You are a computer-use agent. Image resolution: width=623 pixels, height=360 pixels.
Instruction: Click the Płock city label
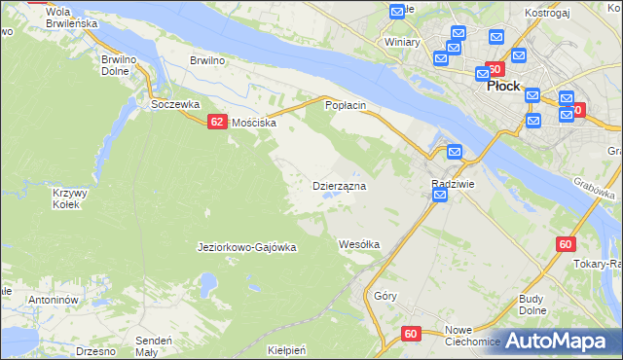[x=502, y=86]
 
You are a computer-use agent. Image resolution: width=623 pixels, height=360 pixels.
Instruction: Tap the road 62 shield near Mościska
[x=216, y=122]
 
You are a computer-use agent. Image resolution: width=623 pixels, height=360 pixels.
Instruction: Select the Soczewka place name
[x=174, y=103]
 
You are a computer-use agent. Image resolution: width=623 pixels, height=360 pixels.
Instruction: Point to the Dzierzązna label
[x=339, y=185]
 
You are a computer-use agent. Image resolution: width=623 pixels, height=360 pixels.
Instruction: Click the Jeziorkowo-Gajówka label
[x=246, y=247]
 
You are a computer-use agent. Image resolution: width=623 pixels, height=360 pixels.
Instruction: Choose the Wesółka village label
[x=358, y=243]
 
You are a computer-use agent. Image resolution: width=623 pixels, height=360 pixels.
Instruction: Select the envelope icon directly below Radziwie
[x=439, y=197]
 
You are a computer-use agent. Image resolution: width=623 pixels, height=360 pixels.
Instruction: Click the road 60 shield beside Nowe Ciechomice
[x=410, y=334]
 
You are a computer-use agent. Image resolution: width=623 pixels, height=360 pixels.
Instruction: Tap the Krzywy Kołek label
[x=70, y=198]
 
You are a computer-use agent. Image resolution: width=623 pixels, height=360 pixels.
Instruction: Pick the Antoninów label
[x=53, y=300]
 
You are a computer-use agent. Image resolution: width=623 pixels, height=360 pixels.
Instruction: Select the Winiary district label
[x=401, y=43]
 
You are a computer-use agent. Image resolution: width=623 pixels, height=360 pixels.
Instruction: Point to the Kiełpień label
[x=287, y=348]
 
